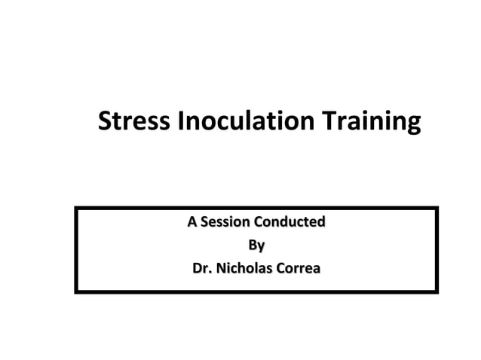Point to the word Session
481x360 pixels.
(x=224, y=222)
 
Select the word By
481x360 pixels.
(x=256, y=246)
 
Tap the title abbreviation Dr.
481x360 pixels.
(x=203, y=268)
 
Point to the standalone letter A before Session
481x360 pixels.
(x=192, y=222)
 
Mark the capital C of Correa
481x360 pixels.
(x=278, y=268)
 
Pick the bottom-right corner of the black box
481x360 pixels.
(x=437, y=291)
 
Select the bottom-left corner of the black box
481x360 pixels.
(x=76, y=291)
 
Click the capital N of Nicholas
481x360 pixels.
(x=222, y=268)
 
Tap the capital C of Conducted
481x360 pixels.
(x=260, y=222)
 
